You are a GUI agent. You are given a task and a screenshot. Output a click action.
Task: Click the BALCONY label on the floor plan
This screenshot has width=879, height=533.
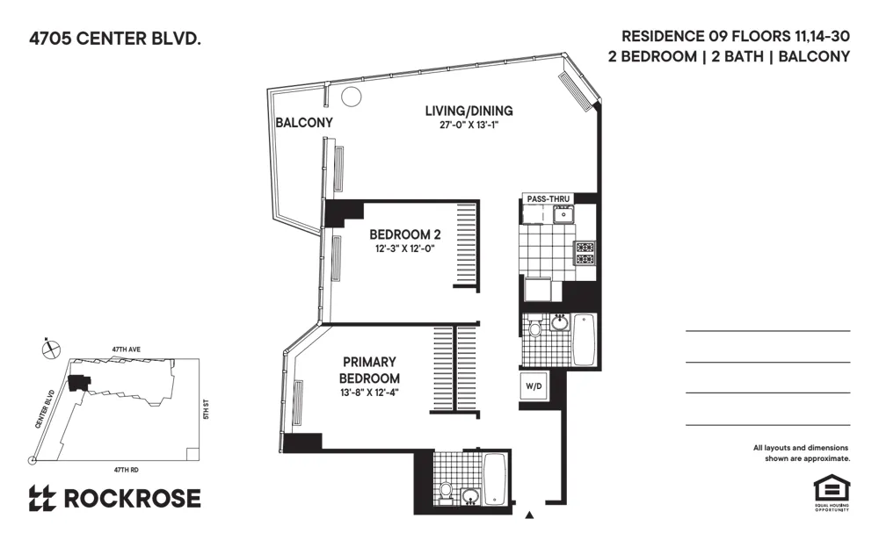[x=304, y=123]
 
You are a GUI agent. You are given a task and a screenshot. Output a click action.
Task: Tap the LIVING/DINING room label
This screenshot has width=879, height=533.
[x=469, y=111]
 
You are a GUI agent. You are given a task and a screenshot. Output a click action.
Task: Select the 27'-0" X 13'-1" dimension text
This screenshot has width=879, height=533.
[x=469, y=126]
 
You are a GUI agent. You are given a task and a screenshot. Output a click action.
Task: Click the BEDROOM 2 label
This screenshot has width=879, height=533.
[x=404, y=234]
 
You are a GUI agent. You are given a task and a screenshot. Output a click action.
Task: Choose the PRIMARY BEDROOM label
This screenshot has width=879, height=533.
[x=369, y=370]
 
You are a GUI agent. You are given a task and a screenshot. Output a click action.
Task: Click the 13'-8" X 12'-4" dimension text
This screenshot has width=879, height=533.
[x=369, y=393]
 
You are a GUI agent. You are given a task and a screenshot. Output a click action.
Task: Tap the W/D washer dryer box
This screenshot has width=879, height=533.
[x=534, y=386]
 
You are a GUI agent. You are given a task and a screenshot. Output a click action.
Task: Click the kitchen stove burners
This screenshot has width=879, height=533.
[x=585, y=253]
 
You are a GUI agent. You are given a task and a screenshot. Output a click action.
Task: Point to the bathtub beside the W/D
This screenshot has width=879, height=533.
[x=585, y=339]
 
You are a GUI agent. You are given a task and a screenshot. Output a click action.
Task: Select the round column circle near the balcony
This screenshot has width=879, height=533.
[x=351, y=97]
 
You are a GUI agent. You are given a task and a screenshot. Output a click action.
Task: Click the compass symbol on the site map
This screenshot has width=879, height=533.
[x=50, y=348]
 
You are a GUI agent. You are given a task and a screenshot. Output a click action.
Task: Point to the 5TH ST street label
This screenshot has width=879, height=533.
[x=206, y=409]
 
